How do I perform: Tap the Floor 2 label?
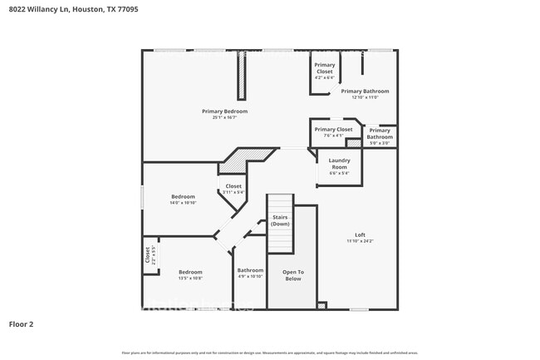pos(21,323)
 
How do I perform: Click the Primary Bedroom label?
pos(224,111)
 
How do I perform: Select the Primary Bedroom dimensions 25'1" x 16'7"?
pos(224,117)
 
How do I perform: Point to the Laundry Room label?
pos(339,163)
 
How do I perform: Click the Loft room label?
pos(360,234)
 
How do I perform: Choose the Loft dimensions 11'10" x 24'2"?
pos(360,241)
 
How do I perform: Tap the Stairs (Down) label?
pos(280,220)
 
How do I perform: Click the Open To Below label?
pos(292,275)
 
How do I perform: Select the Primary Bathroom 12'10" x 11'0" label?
pos(365,93)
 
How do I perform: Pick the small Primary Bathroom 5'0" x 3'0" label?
pos(380,134)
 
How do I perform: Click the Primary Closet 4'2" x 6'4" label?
pos(324,71)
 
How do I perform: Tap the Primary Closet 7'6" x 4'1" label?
pos(333,131)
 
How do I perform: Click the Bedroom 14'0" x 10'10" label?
pos(183,199)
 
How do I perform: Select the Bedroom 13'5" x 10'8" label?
pos(190,274)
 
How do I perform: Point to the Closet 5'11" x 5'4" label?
pos(233,189)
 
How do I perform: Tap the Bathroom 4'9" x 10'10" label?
pos(250,273)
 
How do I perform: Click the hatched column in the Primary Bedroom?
pos(242,79)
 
